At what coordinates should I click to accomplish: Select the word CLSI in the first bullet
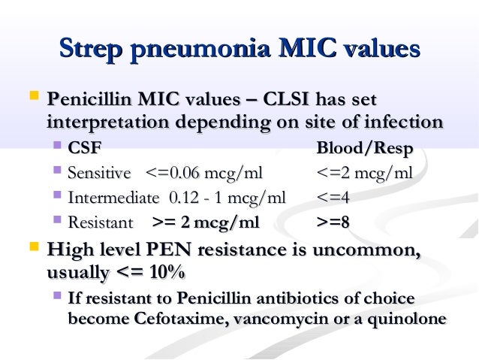(x=277, y=100)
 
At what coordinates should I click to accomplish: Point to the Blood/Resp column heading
(x=366, y=150)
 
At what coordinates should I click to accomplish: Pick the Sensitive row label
(x=99, y=174)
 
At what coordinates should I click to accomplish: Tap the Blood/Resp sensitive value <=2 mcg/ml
(x=365, y=174)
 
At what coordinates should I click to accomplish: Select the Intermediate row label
(x=113, y=198)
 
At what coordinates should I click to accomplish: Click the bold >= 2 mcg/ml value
(x=206, y=222)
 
